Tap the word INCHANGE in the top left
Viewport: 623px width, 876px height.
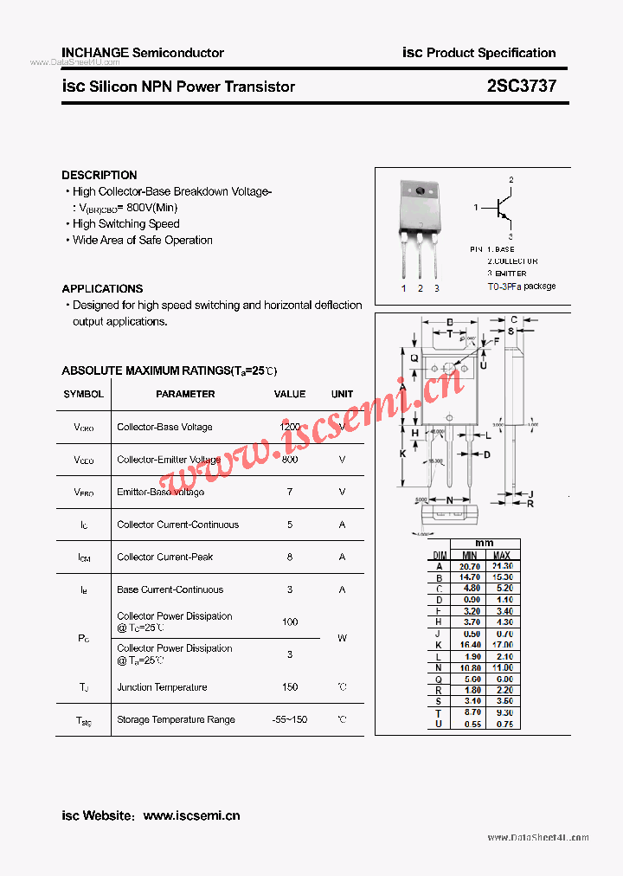click(x=94, y=53)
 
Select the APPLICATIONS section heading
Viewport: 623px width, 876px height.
click(x=102, y=288)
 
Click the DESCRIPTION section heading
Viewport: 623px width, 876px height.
click(x=99, y=175)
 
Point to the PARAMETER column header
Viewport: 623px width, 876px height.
click(x=185, y=394)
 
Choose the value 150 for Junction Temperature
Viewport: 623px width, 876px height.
click(x=290, y=687)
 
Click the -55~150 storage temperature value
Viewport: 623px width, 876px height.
click(x=290, y=719)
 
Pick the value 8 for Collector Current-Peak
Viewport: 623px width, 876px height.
click(x=290, y=557)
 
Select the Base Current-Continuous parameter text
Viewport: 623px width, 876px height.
click(x=170, y=589)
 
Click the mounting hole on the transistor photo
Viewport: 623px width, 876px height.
click(x=420, y=191)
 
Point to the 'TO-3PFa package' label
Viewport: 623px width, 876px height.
click(x=521, y=287)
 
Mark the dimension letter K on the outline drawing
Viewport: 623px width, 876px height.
click(x=402, y=454)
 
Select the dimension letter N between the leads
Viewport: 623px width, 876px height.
click(x=449, y=500)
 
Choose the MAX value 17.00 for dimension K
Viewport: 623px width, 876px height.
click(x=502, y=645)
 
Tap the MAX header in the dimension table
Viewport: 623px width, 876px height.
click(x=502, y=555)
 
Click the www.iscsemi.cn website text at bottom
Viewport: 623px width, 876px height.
click(x=191, y=815)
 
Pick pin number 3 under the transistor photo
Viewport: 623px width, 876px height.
click(x=437, y=288)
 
